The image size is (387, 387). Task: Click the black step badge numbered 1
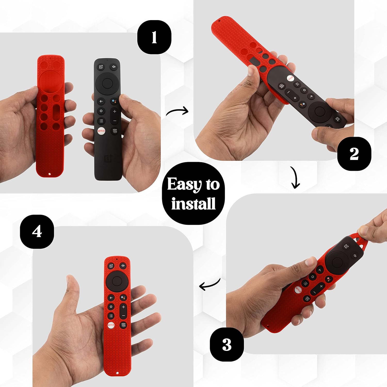pyautogui.click(x=154, y=37)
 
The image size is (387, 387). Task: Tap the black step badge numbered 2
pyautogui.click(x=354, y=154)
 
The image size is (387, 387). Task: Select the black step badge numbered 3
pyautogui.click(x=227, y=344)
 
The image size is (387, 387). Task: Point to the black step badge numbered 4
pyautogui.click(x=37, y=231)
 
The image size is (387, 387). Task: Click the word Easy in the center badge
pyautogui.click(x=184, y=184)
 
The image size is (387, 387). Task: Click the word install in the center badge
pyautogui.click(x=193, y=204)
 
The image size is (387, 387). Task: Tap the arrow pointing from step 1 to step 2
pyautogui.click(x=178, y=112)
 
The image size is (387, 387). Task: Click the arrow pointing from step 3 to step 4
pyautogui.click(x=209, y=285)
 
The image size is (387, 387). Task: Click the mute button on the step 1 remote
pyautogui.click(x=114, y=67)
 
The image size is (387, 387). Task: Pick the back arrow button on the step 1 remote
pyautogui.click(x=101, y=101)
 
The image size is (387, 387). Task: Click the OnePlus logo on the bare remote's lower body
pyautogui.click(x=108, y=158)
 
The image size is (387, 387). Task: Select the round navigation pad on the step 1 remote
pyautogui.click(x=107, y=83)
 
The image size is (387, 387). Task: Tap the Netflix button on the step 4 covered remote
pyautogui.click(x=111, y=325)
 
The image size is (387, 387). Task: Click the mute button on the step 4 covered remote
pyautogui.click(x=123, y=265)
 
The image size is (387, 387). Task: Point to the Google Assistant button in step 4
pyautogui.click(x=123, y=297)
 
